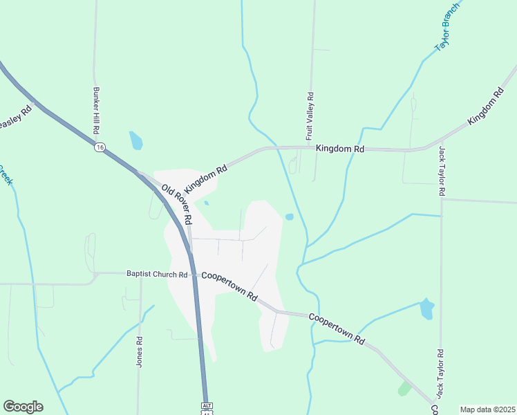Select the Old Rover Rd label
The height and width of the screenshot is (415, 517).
176,204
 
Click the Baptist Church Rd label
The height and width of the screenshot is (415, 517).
157,275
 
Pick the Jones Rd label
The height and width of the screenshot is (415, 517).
140,351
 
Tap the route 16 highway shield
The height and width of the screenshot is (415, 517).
101,147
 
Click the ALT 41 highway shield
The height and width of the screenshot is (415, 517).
206,407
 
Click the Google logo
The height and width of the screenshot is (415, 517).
23,407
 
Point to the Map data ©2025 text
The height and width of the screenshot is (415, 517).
487,409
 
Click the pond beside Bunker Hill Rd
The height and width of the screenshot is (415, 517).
135,140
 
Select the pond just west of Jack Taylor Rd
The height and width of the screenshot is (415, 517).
426,308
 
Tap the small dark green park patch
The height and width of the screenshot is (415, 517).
404,389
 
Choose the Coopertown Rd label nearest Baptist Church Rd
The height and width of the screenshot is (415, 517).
229,286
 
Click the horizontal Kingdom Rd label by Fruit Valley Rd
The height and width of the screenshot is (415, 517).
339,149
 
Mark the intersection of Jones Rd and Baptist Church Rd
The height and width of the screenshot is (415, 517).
140,274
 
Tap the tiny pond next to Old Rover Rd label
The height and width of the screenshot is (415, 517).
206,203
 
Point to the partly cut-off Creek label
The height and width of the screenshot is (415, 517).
6,176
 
